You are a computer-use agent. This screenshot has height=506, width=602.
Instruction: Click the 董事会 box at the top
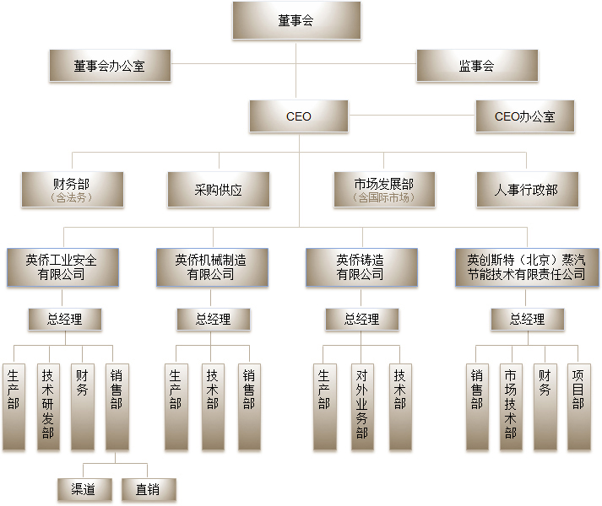point(296,20)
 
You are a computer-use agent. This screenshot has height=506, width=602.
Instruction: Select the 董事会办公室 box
point(110,66)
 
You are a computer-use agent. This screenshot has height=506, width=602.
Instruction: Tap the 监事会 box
point(477,66)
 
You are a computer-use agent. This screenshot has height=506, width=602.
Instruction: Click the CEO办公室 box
point(525,116)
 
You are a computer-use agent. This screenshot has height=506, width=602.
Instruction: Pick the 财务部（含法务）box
point(73,190)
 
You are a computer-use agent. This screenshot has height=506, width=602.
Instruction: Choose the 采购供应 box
point(219,190)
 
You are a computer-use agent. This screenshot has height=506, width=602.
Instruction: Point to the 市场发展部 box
point(384,190)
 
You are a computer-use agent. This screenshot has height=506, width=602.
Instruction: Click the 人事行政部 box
point(527,190)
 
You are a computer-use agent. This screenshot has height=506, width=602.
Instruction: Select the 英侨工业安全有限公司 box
point(62,267)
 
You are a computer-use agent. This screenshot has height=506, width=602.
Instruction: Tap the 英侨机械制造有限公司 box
point(212,267)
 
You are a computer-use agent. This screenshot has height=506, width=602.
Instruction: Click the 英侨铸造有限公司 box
point(361,267)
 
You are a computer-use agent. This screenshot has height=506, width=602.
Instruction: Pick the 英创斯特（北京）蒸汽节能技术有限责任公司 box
point(527,267)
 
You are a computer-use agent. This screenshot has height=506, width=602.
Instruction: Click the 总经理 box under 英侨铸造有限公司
point(362,319)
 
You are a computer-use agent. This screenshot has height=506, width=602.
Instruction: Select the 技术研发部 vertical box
point(48,407)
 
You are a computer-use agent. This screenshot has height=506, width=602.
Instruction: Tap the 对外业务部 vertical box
point(362,407)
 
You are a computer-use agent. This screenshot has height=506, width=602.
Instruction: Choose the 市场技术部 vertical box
point(511,407)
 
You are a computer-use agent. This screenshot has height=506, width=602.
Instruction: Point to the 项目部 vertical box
point(579,407)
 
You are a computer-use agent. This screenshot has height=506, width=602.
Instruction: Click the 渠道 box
point(84,489)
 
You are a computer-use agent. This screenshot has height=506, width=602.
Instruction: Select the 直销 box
point(149,489)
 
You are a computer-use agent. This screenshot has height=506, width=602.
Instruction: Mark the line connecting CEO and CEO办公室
point(411,115)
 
